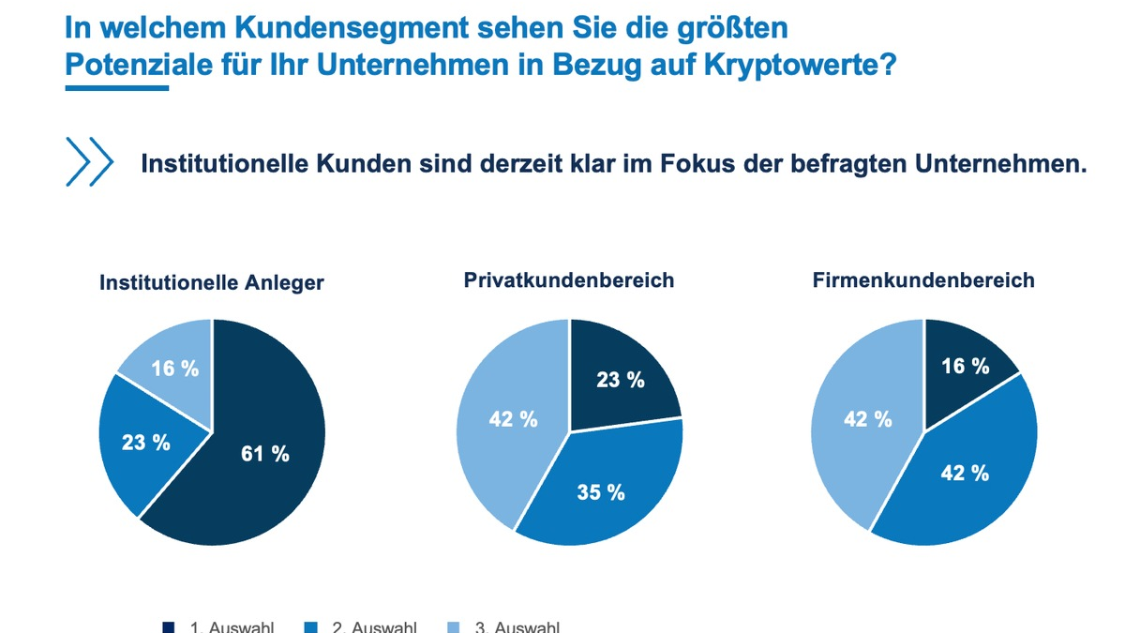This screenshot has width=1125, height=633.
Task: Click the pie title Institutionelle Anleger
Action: tap(212, 282)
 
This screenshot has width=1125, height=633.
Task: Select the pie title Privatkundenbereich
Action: tap(569, 280)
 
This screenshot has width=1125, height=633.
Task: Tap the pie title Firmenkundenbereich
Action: tap(923, 280)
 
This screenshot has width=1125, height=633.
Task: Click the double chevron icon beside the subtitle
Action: tap(89, 162)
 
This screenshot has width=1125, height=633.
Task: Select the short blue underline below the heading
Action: tap(116, 88)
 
